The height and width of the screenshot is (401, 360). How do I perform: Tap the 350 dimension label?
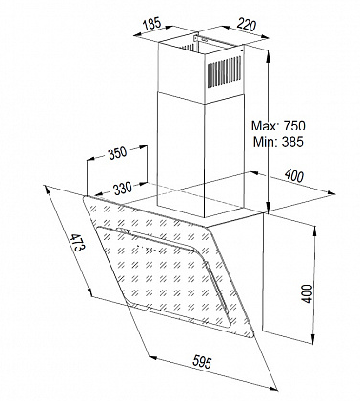click(x=116, y=154)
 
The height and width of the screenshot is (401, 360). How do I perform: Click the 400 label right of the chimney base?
click(x=295, y=175)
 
